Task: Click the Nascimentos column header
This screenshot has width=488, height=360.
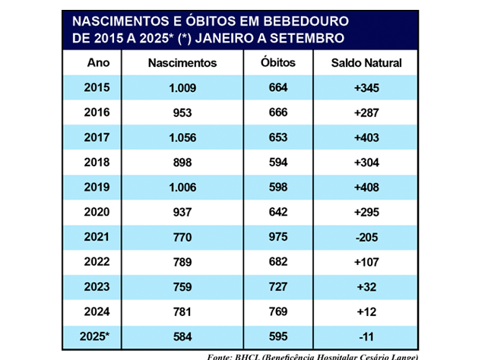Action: click(x=182, y=63)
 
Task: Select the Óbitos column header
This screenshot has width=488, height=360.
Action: click(x=277, y=63)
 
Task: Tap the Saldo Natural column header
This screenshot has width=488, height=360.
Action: click(x=366, y=63)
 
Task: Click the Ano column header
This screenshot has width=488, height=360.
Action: click(x=98, y=63)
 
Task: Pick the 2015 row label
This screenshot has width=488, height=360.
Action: click(x=98, y=88)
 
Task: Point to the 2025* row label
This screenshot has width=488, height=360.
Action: click(x=99, y=335)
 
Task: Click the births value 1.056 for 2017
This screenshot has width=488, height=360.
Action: click(x=182, y=137)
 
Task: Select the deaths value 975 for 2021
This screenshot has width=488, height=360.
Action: click(x=277, y=236)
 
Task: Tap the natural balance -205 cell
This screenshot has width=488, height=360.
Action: click(x=366, y=236)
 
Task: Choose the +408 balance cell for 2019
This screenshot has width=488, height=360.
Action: click(x=366, y=187)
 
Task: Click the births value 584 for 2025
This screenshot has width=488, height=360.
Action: click(x=182, y=335)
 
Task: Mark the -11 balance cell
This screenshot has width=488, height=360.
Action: click(x=366, y=335)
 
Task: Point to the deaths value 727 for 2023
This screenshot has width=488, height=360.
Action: click(x=277, y=286)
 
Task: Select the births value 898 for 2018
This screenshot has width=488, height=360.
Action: click(x=182, y=163)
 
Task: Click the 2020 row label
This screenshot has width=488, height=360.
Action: click(x=98, y=212)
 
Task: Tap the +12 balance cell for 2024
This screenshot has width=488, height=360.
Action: click(x=366, y=311)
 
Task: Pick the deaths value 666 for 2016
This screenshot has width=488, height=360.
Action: click(x=277, y=113)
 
